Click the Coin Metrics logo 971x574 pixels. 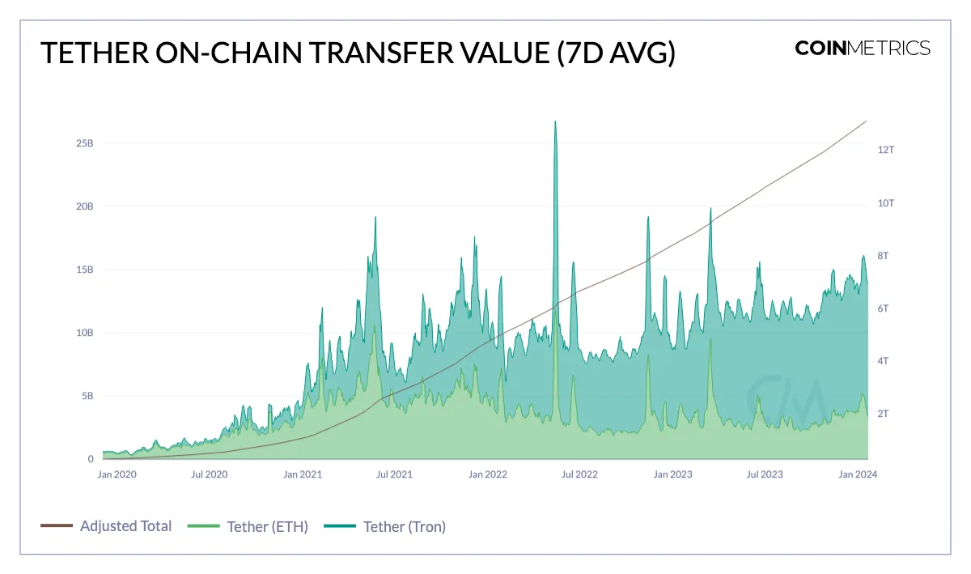(x=863, y=48)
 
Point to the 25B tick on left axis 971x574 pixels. (x=85, y=143)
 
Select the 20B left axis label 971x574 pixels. (x=85, y=206)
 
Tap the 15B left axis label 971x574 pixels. (x=85, y=270)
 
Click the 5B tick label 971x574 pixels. (x=87, y=396)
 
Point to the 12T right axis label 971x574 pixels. (x=886, y=150)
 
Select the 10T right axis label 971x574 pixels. (x=886, y=203)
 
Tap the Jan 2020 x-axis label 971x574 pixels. (x=118, y=474)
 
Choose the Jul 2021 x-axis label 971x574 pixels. (x=395, y=474)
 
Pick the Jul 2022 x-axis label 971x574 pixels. (x=580, y=474)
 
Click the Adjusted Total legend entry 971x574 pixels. (x=125, y=526)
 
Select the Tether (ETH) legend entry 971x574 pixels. (x=267, y=527)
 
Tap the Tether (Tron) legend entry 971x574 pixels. (x=404, y=527)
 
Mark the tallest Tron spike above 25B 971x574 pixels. (x=555, y=123)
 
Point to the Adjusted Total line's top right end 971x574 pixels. (x=866, y=121)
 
